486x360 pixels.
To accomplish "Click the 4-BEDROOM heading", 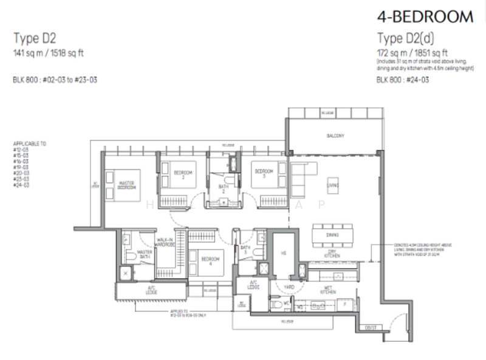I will pos(425,16).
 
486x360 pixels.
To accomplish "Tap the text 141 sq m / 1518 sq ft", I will pos(49,53).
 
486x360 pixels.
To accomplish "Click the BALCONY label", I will pos(334,136).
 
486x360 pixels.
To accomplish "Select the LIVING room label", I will pos(333,185).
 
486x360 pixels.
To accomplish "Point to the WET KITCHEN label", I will pos(329,291).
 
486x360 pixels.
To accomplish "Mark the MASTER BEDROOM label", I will pos(126,185).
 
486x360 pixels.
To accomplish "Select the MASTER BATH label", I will pos(145,254).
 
